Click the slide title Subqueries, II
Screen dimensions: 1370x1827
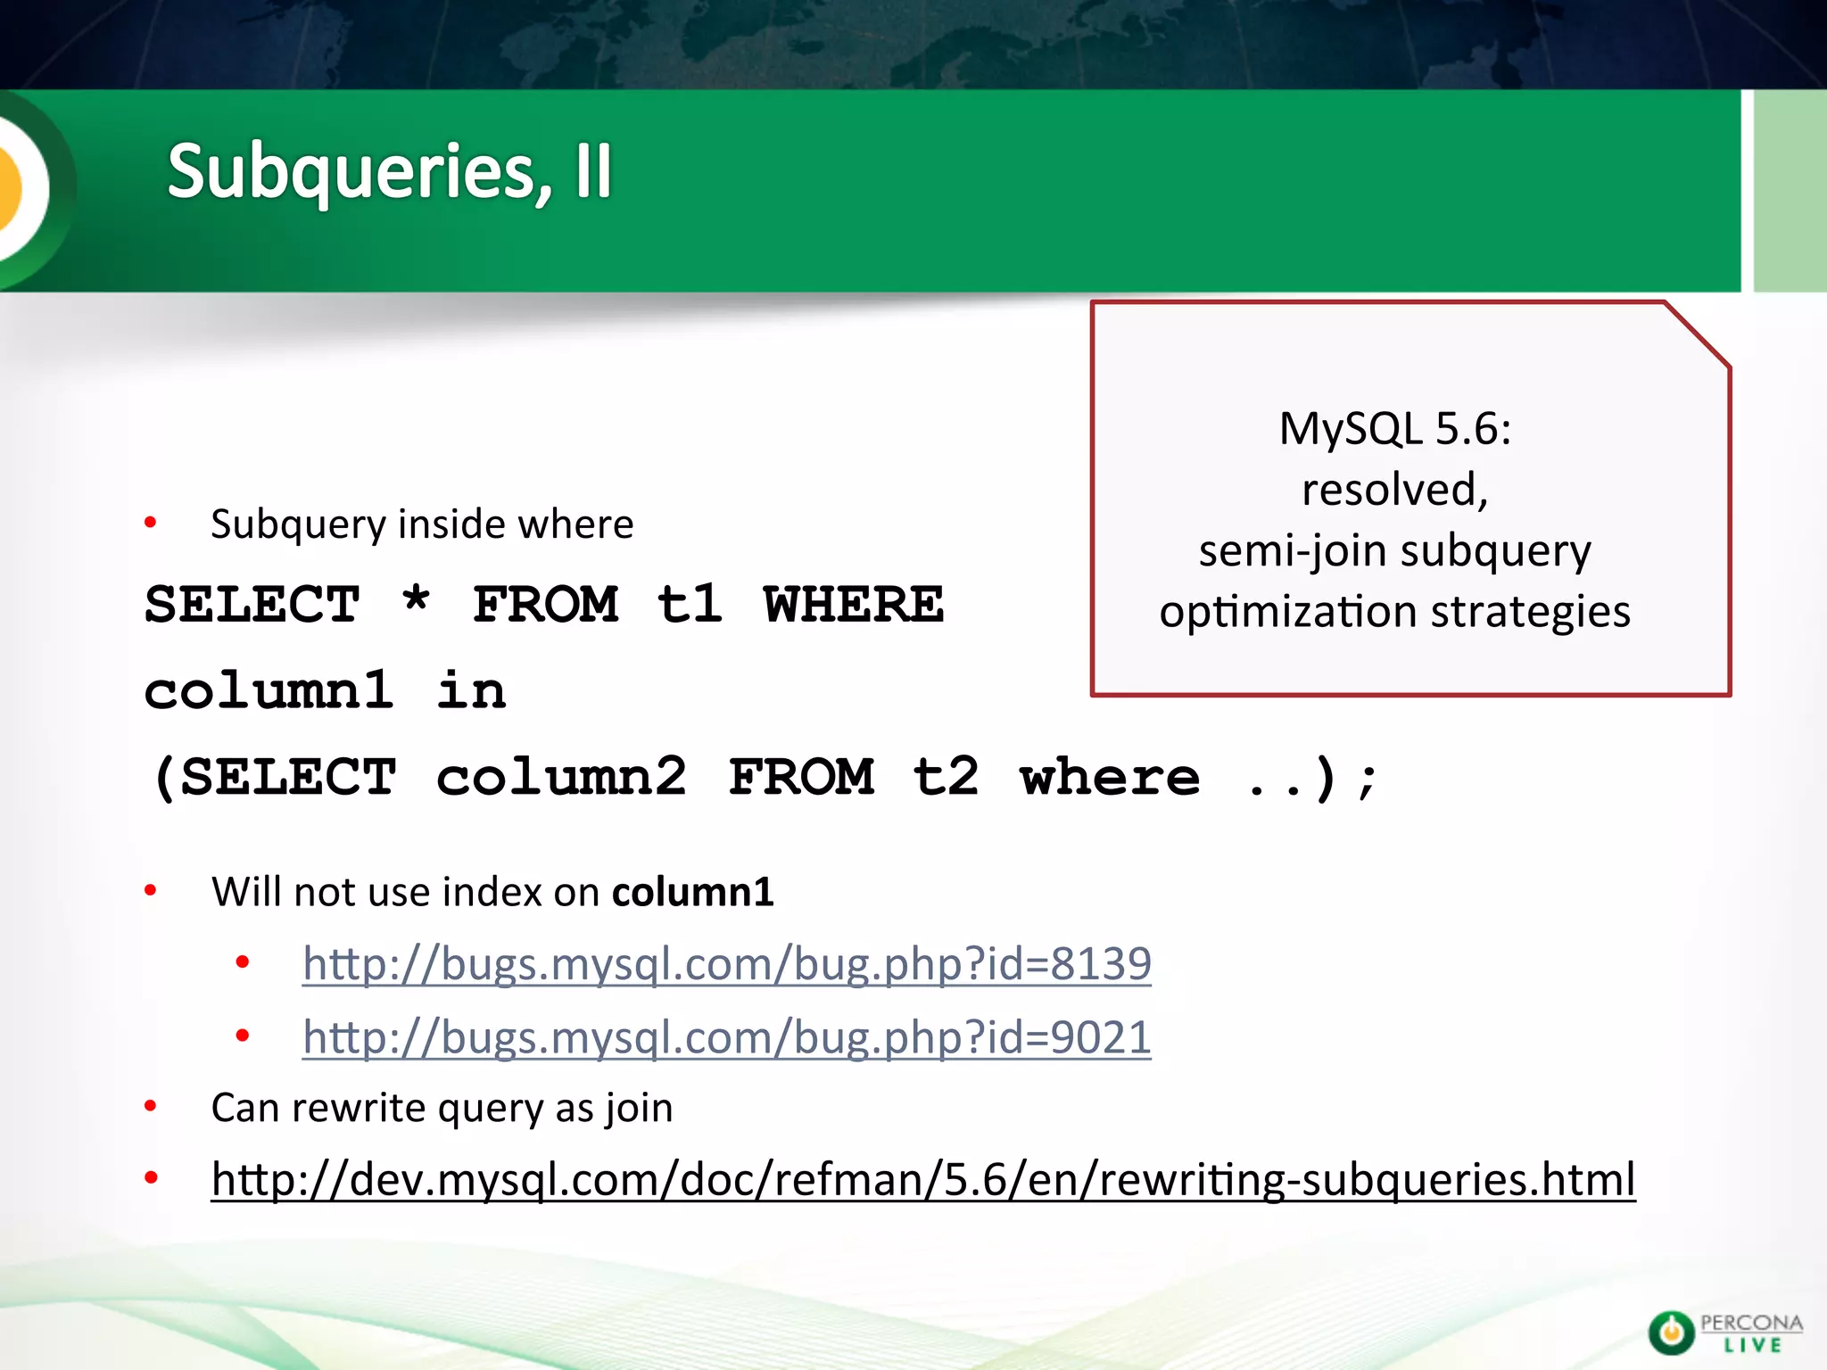click(x=390, y=171)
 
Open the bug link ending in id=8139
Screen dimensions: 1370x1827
click(x=726, y=964)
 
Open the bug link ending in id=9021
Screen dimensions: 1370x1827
click(x=726, y=1037)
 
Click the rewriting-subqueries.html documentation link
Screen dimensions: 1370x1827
click(x=923, y=1180)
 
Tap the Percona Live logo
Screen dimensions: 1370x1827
click(x=1724, y=1332)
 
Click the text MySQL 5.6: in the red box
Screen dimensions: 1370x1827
click(x=1395, y=429)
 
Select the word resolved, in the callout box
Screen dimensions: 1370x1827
click(x=1395, y=490)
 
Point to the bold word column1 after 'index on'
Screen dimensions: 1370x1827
click(x=692, y=892)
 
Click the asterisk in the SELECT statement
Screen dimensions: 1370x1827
click(x=416, y=602)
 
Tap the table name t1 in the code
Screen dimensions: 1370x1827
click(x=689, y=605)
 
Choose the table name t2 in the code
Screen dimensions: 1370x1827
click(x=946, y=776)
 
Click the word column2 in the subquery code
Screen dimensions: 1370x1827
click(x=561, y=777)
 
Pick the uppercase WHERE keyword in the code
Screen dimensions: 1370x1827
click(x=853, y=605)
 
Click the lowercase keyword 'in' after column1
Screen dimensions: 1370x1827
click(x=471, y=690)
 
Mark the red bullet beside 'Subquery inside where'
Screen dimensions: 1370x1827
click(x=151, y=523)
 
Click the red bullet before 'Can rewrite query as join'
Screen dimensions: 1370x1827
click(x=151, y=1107)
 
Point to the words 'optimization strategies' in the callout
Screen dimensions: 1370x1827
click(x=1395, y=613)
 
